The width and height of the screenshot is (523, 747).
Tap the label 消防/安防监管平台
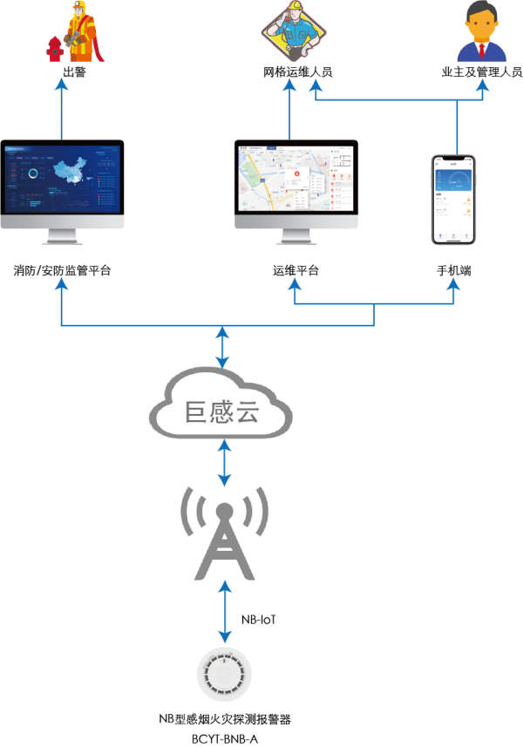[62, 271]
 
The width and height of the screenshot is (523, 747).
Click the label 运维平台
[295, 271]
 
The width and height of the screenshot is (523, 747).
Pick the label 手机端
[455, 271]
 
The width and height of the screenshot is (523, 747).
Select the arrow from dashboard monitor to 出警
[62, 109]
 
